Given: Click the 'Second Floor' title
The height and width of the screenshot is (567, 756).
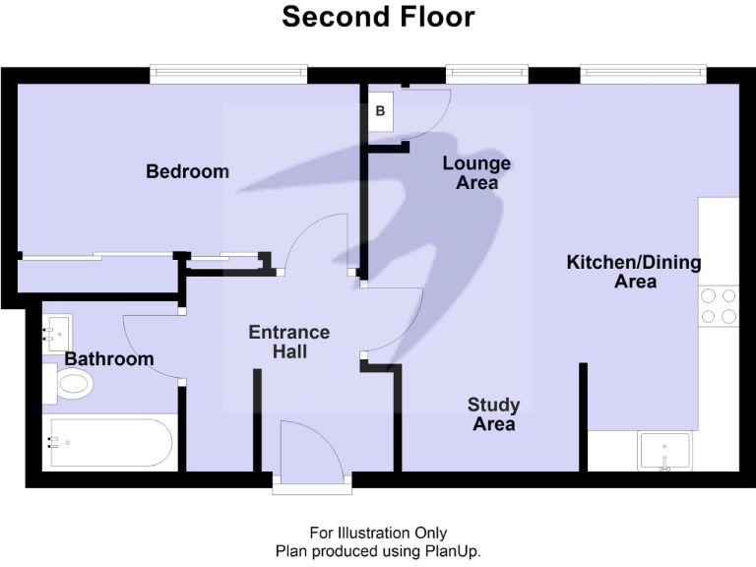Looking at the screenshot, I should point(378,17).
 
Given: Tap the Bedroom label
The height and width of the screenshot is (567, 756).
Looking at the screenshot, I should point(187,171).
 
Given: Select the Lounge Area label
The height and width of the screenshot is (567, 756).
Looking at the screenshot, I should point(476,172).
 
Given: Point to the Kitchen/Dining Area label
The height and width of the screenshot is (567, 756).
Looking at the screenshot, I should point(634,272).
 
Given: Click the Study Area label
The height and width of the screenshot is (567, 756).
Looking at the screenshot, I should point(493,414).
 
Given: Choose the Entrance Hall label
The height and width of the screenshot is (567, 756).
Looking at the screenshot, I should point(288,342).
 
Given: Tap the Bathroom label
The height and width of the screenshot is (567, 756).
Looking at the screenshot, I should point(109,358).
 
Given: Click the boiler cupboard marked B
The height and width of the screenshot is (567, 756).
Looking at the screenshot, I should point(380,112).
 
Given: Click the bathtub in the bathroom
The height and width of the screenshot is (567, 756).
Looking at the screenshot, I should point(110,443).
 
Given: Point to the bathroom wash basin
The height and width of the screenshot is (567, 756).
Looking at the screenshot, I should point(57,332).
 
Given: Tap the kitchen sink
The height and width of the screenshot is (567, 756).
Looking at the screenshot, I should point(666,452).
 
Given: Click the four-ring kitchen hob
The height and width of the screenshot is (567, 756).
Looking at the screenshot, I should point(718,305).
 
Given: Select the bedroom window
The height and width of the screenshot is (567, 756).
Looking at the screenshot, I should point(228,74).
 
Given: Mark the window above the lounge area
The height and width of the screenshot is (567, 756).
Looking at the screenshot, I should point(486,74).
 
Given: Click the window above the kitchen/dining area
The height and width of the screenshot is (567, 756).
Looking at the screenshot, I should point(643,74).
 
